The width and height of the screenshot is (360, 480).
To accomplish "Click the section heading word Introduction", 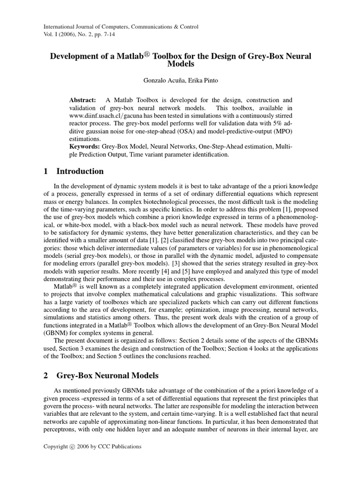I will coord(80,171).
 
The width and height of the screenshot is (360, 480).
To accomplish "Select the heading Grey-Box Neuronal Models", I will coord(107,375).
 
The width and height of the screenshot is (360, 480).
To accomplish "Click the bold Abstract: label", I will coord(82,100).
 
